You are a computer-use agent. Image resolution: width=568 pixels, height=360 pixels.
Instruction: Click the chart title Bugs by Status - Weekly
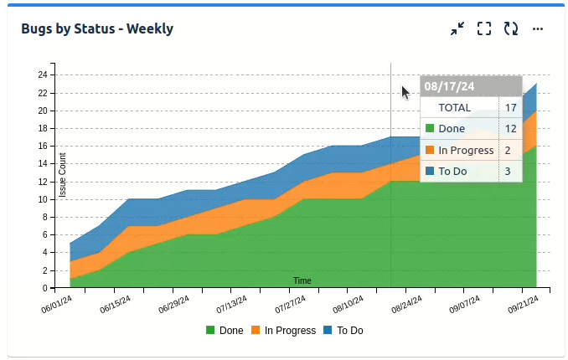(97, 28)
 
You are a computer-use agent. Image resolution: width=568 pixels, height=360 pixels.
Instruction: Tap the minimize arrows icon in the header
(457, 28)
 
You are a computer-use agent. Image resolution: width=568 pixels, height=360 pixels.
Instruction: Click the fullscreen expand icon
(483, 28)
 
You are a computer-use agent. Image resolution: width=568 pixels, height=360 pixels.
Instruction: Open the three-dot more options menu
(538, 28)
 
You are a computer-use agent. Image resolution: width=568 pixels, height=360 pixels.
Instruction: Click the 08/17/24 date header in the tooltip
(450, 86)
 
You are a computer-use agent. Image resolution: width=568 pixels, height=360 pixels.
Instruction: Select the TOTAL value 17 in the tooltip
(510, 108)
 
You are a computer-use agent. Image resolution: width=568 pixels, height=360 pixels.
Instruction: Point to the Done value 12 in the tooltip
(510, 129)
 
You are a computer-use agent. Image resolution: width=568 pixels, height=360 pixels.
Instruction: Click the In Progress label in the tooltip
(466, 150)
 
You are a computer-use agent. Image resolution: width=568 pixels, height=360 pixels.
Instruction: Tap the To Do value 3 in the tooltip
(508, 172)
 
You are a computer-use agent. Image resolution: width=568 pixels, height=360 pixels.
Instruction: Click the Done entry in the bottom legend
(225, 331)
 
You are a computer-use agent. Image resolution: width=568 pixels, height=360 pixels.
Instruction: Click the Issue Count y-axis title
(63, 175)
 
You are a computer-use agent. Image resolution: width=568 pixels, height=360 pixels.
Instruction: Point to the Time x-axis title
(302, 280)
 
